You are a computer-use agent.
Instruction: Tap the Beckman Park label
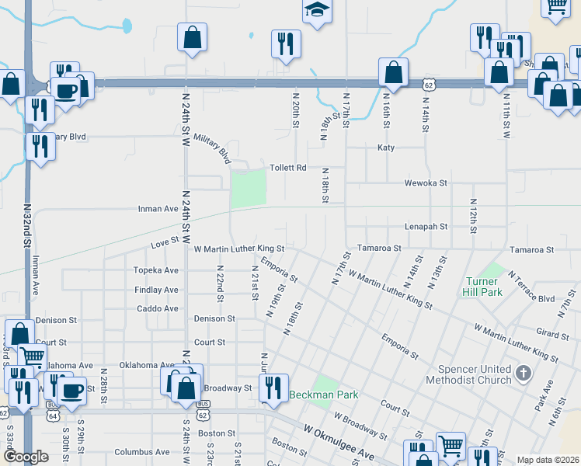click(x=324, y=395)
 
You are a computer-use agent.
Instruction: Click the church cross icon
click(x=524, y=374)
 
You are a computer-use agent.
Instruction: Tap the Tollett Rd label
click(x=288, y=167)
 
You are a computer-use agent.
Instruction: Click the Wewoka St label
click(x=426, y=183)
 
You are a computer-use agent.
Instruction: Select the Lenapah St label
click(x=426, y=227)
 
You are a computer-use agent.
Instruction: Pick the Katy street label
click(x=386, y=148)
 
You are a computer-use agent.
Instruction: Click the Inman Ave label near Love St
click(x=158, y=209)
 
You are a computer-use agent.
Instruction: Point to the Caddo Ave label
click(x=158, y=308)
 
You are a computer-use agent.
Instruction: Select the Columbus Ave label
click(x=141, y=451)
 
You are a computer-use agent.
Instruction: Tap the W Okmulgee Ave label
click(x=339, y=441)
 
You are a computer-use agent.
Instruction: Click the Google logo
click(x=26, y=457)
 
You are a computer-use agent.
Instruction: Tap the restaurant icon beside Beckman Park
click(x=273, y=386)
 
